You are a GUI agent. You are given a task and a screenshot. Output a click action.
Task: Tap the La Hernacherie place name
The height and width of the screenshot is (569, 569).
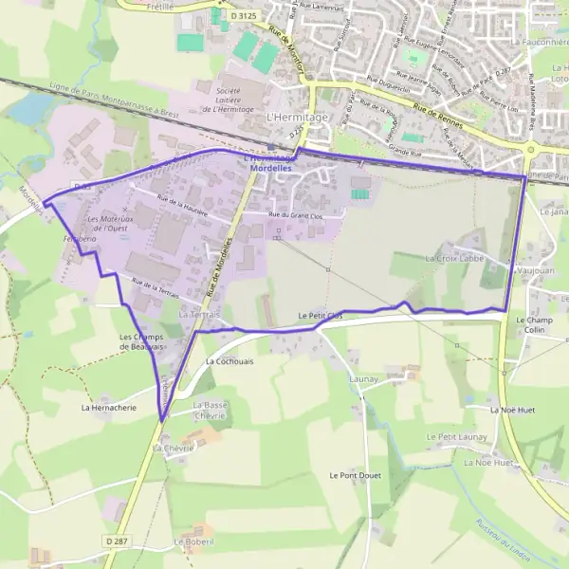[108, 408]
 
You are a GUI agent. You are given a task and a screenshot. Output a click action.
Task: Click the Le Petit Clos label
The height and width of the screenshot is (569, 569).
[320, 315]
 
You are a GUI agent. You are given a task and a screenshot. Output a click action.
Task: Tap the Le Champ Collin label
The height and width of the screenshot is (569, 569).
[532, 325]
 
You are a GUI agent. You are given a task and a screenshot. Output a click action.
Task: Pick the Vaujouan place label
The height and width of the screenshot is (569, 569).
[535, 270]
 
